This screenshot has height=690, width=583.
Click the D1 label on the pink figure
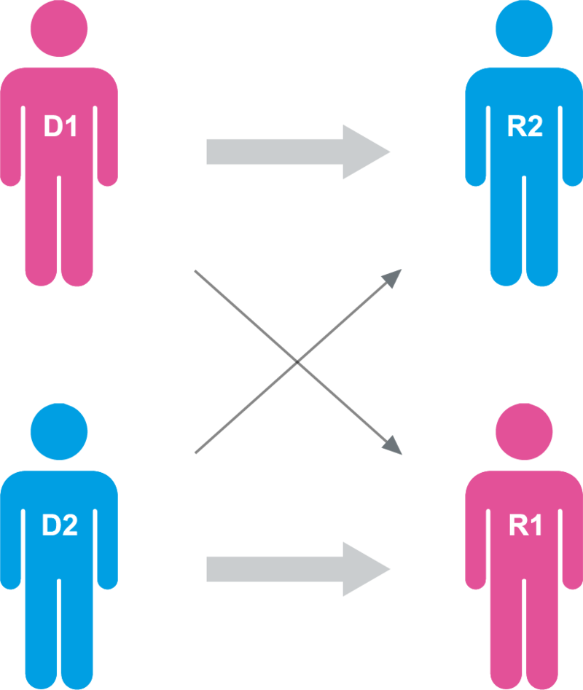(x=60, y=127)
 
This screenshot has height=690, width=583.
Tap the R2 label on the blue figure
(x=524, y=127)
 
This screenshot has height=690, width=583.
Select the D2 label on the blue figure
(x=60, y=525)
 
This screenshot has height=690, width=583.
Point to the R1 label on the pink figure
(x=524, y=525)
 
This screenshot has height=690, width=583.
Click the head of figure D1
(x=59, y=28)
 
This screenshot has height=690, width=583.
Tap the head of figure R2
(x=524, y=28)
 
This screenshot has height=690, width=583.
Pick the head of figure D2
(x=59, y=431)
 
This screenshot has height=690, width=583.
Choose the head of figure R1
(x=524, y=431)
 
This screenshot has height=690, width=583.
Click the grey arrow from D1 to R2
(x=291, y=152)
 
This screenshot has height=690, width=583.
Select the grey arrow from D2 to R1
(x=291, y=569)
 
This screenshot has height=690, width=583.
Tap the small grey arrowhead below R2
(x=393, y=278)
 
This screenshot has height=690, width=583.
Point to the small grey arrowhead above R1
(x=393, y=445)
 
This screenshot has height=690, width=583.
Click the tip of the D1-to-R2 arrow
(x=390, y=152)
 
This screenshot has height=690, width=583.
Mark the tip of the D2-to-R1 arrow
(x=390, y=569)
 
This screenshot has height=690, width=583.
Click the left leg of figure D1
(x=41, y=233)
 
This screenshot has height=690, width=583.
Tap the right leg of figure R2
(x=543, y=233)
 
